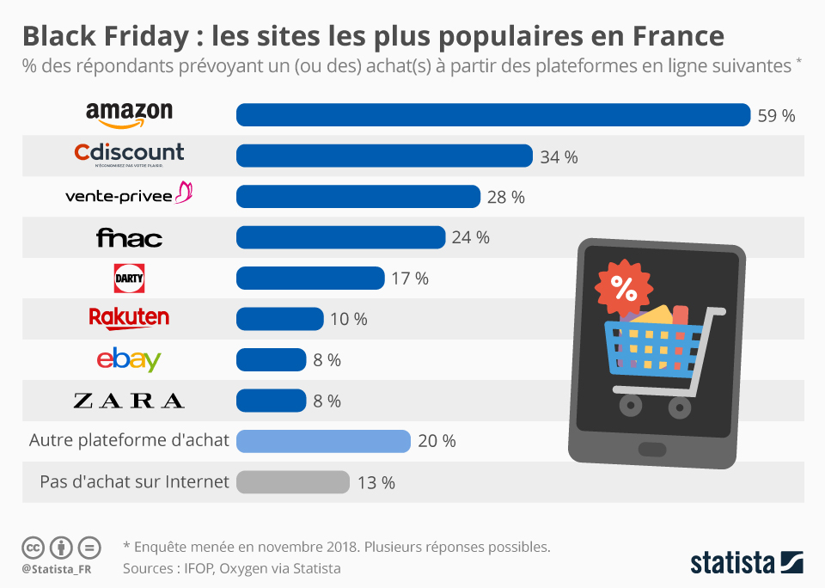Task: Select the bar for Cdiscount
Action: click(384, 156)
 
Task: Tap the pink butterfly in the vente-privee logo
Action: click(184, 193)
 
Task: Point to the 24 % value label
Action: click(470, 238)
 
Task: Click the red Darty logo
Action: click(129, 279)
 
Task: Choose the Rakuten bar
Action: click(279, 319)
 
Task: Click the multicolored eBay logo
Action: click(129, 359)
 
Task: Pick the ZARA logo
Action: click(129, 401)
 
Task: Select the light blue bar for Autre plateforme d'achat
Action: click(323, 441)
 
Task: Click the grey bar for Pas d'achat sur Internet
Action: click(292, 482)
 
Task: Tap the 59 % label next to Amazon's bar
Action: click(776, 116)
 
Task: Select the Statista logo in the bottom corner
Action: click(747, 564)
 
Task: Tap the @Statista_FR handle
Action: click(57, 568)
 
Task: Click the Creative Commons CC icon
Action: click(33, 547)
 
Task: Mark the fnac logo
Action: click(129, 237)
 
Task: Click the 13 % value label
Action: click(376, 483)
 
